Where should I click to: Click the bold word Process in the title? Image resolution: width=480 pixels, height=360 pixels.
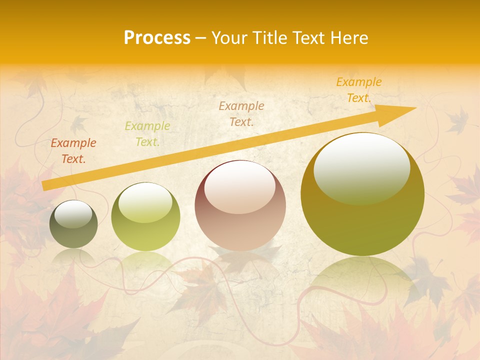click(x=157, y=37)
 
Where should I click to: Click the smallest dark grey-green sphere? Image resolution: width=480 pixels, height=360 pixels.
click(x=73, y=224)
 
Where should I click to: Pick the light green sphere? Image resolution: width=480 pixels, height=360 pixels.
click(x=145, y=217)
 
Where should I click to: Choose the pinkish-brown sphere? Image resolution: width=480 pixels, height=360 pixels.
click(x=240, y=206)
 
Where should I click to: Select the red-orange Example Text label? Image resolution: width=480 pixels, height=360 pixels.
click(x=73, y=151)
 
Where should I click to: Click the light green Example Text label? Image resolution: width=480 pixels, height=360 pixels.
click(x=147, y=134)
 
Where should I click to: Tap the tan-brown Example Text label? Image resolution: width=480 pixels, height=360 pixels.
click(x=241, y=113)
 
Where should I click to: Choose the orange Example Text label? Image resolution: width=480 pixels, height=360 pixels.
click(x=359, y=90)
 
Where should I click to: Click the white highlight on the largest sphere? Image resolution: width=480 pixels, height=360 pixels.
click(x=361, y=167)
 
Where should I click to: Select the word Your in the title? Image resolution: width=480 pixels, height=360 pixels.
click(x=228, y=37)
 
